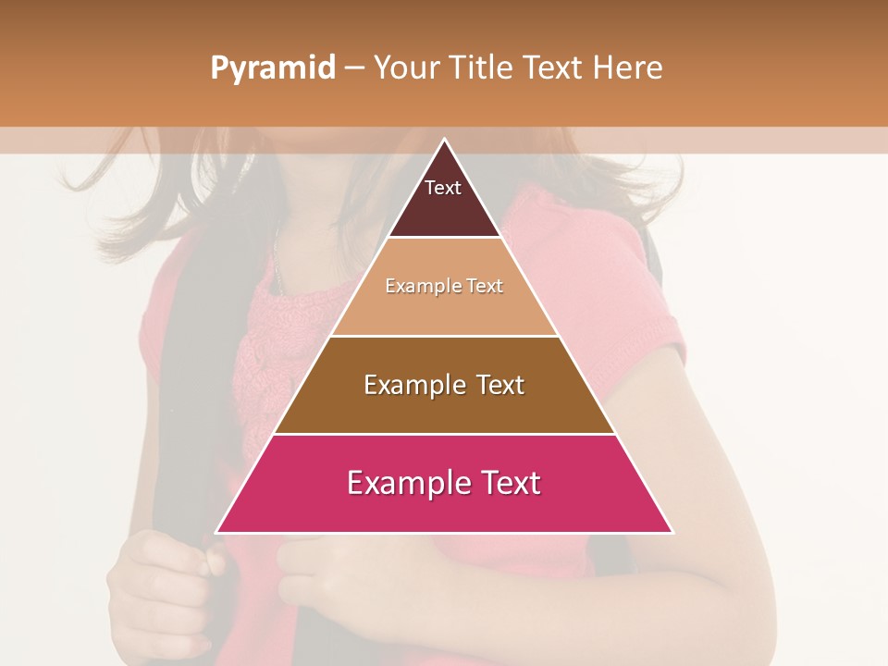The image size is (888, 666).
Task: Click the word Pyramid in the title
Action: [x=272, y=68]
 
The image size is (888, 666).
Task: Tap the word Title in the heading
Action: [x=480, y=68]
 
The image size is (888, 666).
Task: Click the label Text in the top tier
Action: [x=443, y=188]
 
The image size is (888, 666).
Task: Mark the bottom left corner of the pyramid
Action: [x=216, y=532]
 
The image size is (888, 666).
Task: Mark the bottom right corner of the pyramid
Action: [x=672, y=532]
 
